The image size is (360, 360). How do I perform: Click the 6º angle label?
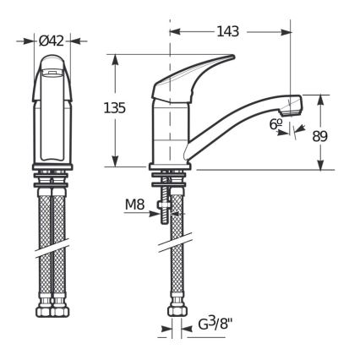click(275, 123)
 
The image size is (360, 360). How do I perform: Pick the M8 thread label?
click(135, 205)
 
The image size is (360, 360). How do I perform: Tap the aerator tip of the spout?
click(292, 105)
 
